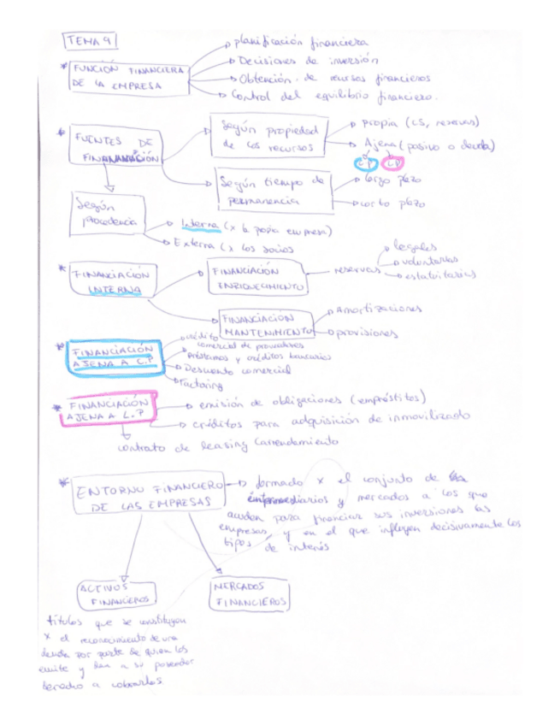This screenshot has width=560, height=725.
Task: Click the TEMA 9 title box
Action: coord(89,41)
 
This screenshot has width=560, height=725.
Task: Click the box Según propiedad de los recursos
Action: coord(266,136)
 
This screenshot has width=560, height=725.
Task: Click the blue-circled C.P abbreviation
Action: coord(365,162)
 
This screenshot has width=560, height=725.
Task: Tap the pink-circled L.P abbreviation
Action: coord(392,162)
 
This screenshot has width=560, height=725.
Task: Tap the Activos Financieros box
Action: coord(116,593)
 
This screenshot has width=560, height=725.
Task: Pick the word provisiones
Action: coord(368,333)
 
